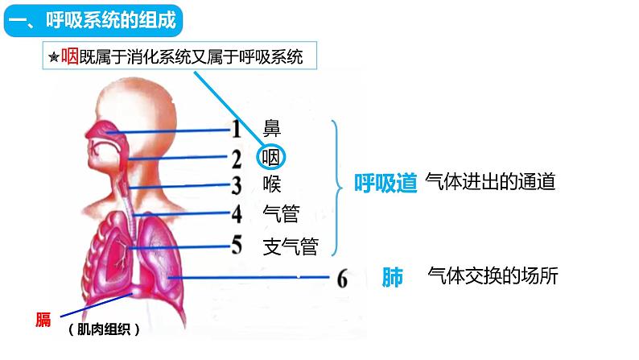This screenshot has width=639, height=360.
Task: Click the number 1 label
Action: (237, 128)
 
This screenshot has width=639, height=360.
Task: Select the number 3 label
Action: (237, 185)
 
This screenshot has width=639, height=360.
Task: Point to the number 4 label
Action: (237, 214)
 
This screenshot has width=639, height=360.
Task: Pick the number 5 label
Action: (237, 243)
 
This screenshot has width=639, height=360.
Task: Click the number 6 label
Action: (343, 279)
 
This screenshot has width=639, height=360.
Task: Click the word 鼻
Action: (273, 127)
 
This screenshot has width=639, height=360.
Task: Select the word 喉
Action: (273, 184)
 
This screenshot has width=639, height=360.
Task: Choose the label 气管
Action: (282, 213)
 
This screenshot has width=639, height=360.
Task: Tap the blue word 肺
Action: (393, 277)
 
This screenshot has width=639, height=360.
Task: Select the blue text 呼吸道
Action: (385, 183)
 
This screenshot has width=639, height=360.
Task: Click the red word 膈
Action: (43, 319)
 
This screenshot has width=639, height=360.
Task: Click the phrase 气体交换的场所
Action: (493, 276)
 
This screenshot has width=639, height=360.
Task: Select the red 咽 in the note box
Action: (69, 57)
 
